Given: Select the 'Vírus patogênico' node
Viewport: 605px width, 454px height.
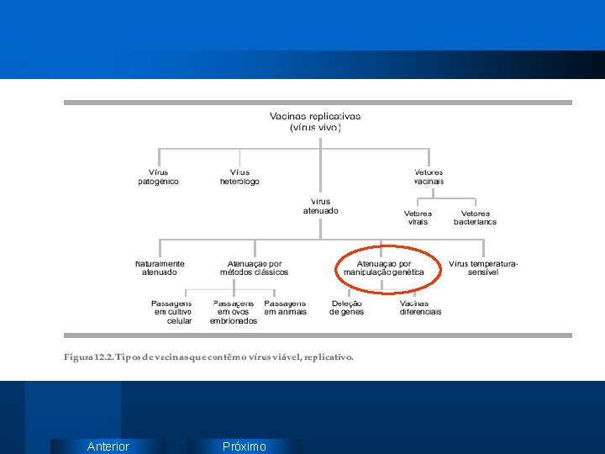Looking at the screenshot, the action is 158,177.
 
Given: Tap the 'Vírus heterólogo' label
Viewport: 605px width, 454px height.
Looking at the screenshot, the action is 239,177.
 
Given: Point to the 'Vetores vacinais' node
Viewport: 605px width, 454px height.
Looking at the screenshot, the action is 429,177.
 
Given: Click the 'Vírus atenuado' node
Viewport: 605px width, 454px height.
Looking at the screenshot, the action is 321,206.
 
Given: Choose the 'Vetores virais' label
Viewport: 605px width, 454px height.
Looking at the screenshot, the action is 418,218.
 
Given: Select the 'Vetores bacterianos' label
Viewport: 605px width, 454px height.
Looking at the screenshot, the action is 475,218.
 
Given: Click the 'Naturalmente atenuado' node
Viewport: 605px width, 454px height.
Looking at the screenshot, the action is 160,268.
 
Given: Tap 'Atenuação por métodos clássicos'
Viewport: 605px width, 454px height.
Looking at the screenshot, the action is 254,268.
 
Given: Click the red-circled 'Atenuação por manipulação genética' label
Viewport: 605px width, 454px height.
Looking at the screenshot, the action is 384,268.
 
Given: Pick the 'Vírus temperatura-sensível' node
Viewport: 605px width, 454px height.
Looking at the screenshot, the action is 483,268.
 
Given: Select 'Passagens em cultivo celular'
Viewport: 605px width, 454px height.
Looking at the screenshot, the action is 172,312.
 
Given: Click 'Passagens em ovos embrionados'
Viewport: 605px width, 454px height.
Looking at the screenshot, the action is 234,312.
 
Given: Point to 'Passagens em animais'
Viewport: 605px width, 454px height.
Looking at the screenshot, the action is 285,308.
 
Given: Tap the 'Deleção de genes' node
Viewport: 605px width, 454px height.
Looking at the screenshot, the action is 346,308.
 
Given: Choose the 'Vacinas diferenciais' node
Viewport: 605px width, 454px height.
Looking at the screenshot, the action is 420,308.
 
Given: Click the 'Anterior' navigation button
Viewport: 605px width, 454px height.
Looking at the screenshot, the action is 108,446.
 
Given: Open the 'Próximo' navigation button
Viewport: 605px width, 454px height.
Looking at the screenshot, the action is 244,446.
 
